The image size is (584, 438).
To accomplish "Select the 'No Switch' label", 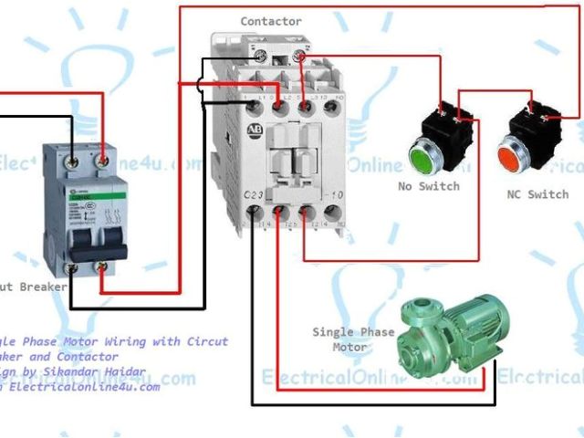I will (x=428, y=186).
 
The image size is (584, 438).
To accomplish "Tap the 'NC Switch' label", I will (x=537, y=194).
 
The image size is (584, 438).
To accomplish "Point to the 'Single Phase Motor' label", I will (x=353, y=339).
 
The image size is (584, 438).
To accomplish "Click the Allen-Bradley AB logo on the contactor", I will (x=253, y=130).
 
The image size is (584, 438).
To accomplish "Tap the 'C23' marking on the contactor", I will (x=255, y=194).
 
